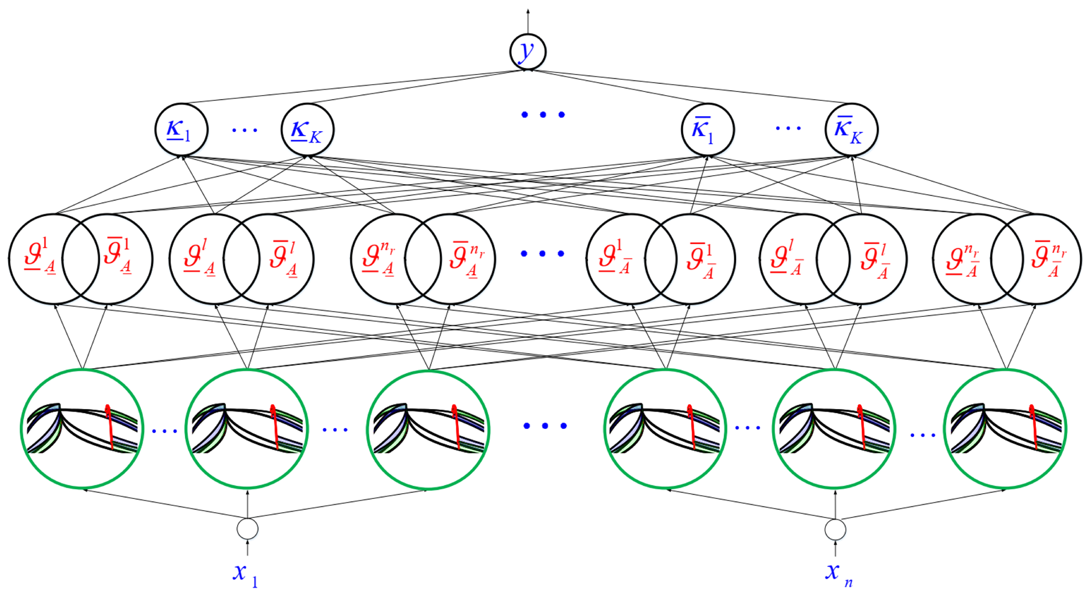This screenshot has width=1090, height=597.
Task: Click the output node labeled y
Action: click(x=528, y=52)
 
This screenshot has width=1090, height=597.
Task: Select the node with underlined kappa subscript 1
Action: click(x=181, y=130)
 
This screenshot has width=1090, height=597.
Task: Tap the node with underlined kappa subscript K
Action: click(x=307, y=130)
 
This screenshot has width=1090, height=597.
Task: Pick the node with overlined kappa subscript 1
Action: click(x=707, y=130)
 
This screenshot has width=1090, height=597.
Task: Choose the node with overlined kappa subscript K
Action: click(x=851, y=130)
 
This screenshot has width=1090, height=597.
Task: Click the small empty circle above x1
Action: click(x=248, y=529)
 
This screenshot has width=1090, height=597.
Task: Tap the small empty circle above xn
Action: click(x=835, y=529)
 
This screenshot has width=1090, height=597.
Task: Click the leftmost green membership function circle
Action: click(x=82, y=429)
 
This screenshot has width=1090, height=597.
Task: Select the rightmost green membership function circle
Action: click(x=1007, y=429)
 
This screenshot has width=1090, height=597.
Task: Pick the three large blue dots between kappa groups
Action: click(x=543, y=115)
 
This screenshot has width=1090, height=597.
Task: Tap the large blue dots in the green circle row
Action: click(x=545, y=426)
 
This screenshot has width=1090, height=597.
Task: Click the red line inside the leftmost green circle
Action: click(x=110, y=427)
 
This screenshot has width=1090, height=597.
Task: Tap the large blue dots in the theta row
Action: click(x=543, y=253)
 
